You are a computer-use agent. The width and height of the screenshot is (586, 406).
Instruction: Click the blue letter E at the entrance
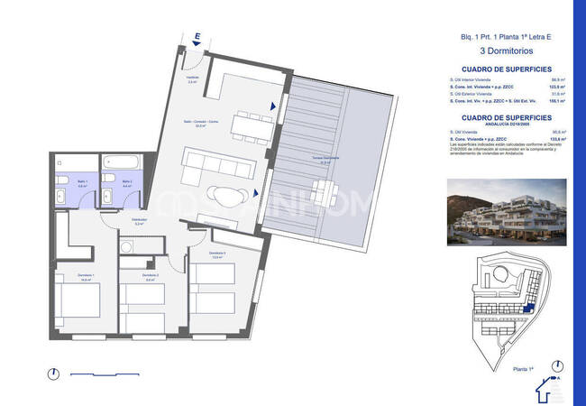(x=196, y=36)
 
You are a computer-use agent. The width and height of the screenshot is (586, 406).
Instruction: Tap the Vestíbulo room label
(x=192, y=78)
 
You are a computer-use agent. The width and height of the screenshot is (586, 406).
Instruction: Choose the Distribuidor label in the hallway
(x=139, y=220)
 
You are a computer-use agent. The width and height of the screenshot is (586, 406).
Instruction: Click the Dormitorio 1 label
(x=86, y=279)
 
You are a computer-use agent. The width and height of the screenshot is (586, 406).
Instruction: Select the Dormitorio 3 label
(x=216, y=254)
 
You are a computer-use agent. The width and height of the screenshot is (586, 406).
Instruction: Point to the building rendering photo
(x=508, y=211)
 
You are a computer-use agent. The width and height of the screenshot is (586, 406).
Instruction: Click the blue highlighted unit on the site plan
(x=528, y=310)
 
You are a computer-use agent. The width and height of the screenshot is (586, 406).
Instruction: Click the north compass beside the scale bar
(x=53, y=374)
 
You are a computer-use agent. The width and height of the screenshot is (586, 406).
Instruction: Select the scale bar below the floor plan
(x=105, y=374)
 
